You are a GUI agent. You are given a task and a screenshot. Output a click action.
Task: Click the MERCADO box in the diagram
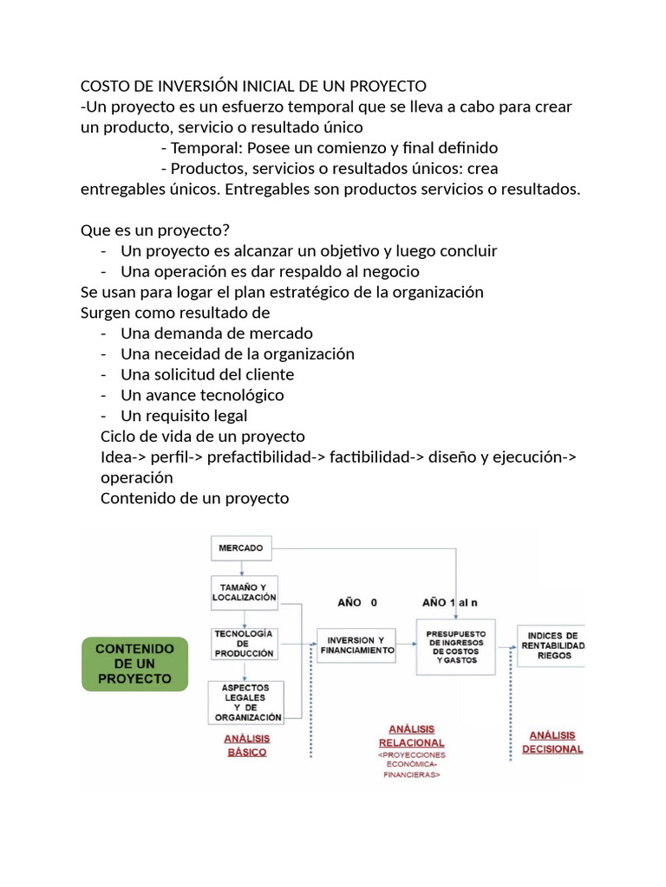click(241, 548)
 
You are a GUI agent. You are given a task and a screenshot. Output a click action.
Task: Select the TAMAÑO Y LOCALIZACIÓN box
click(245, 592)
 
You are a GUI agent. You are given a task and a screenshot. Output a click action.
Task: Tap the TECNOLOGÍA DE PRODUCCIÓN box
click(244, 644)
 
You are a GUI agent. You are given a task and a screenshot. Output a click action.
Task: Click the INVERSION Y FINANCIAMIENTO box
click(356, 644)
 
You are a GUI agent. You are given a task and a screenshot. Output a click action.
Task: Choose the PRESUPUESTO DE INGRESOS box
click(456, 647)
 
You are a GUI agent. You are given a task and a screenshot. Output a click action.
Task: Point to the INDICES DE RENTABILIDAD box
click(552, 646)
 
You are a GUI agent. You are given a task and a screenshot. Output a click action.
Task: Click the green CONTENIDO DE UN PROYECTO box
click(134, 664)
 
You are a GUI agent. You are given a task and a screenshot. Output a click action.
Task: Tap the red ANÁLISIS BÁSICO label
click(246, 745)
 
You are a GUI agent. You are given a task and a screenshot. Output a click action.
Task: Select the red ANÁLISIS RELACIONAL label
click(411, 736)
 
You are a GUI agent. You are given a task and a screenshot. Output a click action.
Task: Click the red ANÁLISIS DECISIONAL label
click(552, 741)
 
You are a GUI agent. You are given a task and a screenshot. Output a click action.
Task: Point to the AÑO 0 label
click(357, 602)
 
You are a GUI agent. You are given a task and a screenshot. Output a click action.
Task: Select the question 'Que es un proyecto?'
click(154, 230)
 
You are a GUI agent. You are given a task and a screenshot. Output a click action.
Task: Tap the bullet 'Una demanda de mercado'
click(217, 333)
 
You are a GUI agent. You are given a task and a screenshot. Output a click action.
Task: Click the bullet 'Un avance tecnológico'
click(202, 395)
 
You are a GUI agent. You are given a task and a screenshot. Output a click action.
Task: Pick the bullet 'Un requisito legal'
click(184, 416)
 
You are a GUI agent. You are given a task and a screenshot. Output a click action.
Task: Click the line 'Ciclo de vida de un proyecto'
click(203, 436)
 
